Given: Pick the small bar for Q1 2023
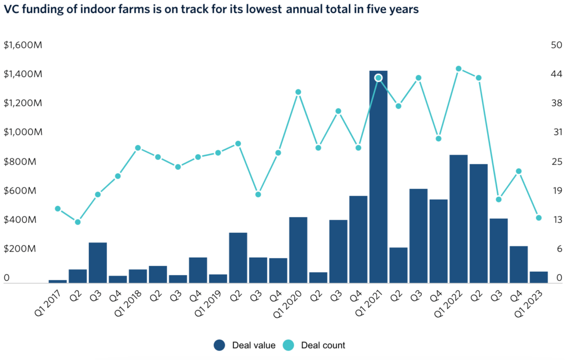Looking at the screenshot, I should point(538,277).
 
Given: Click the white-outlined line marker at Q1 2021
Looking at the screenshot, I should point(379,78).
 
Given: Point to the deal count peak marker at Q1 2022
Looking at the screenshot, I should point(458,69).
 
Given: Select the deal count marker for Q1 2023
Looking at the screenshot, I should point(538,218).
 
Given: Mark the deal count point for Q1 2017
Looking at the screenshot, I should point(57,209).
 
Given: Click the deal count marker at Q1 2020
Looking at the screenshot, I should point(298,92).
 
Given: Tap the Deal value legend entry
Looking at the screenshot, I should point(245,345).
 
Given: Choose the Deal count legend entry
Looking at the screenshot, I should point(315,345).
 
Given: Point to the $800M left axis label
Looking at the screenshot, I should point(20,161).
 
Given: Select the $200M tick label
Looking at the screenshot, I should point(20,249).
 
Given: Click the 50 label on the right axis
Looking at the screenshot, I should point(557,45).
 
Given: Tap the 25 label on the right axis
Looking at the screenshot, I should point(557,161).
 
